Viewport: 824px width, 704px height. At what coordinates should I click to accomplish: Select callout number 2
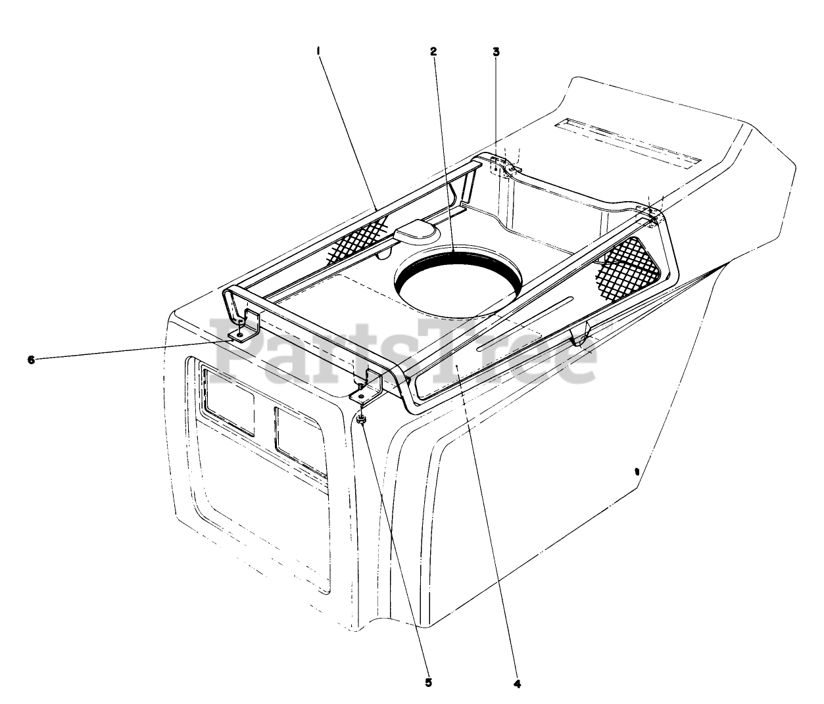[433, 52]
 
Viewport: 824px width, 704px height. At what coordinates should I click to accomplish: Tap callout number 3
[496, 52]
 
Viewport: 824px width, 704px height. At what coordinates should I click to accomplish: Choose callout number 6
[31, 360]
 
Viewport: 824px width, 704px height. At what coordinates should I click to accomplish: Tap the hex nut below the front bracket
[362, 419]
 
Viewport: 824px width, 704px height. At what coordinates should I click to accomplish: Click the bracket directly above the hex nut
[367, 388]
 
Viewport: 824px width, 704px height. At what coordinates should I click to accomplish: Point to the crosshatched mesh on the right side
[628, 266]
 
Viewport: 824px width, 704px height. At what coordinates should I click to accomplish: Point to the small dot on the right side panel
[636, 471]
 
